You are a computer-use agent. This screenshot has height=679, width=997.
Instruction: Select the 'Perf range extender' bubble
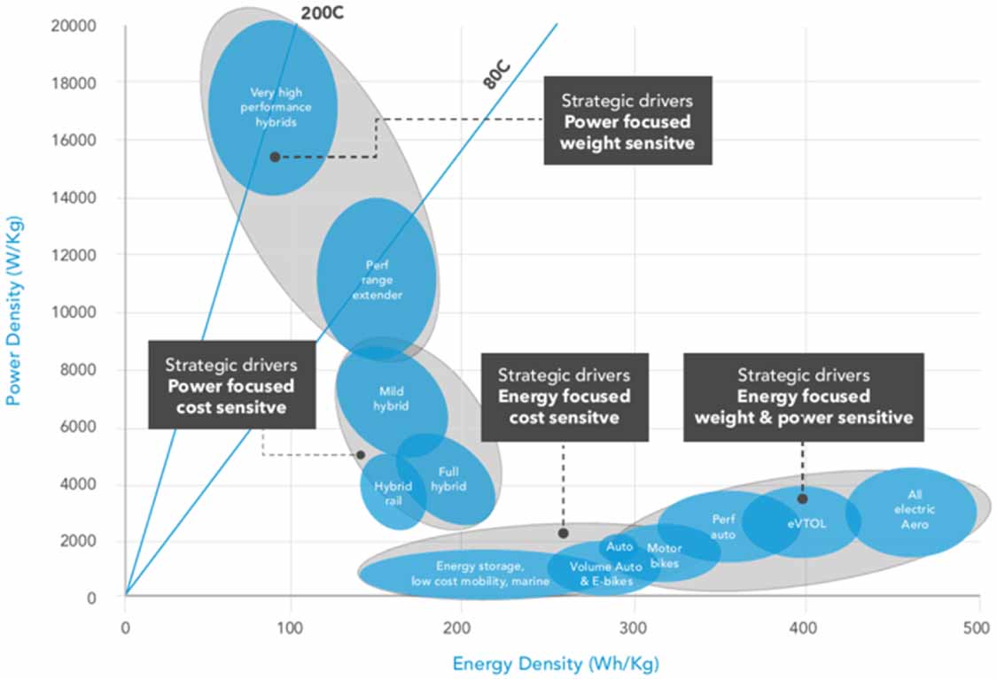click(x=377, y=280)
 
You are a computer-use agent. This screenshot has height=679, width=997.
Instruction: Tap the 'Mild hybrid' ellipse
click(x=391, y=398)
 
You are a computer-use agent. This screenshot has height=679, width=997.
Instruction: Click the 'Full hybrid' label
click(x=448, y=479)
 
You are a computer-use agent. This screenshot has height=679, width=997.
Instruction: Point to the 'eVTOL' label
click(x=807, y=523)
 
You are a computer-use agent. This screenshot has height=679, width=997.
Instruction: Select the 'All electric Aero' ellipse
click(x=913, y=510)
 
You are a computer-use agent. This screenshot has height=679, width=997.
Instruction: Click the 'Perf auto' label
click(x=723, y=527)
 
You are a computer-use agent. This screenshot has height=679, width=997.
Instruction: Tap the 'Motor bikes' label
click(x=664, y=555)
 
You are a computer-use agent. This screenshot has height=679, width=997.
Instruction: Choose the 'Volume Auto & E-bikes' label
click(x=606, y=574)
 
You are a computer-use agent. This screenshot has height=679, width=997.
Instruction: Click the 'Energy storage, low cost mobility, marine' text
click(x=479, y=574)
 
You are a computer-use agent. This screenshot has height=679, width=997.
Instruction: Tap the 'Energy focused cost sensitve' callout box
click(x=564, y=397)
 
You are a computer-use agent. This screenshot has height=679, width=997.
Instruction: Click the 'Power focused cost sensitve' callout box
click(x=230, y=384)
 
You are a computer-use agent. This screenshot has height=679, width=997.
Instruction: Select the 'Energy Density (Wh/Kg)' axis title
click(x=556, y=663)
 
